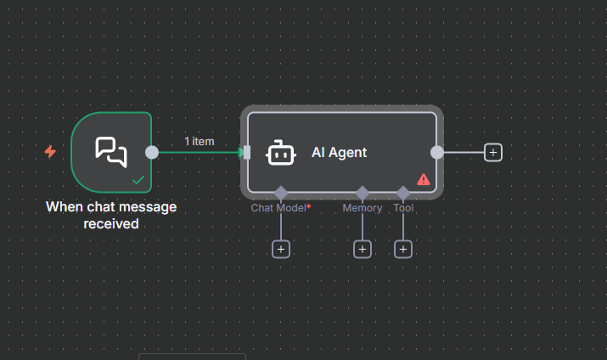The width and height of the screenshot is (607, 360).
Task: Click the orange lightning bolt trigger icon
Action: point(50,152)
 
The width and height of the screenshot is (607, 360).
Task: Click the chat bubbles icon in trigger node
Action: point(111,151)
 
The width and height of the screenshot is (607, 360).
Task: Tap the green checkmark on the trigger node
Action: point(138,180)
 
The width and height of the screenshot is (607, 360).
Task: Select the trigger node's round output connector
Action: point(152,152)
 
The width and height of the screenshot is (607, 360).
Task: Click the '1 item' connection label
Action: point(200,141)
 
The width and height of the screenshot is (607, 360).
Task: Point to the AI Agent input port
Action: point(246,152)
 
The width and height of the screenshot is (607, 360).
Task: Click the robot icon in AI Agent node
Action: point(281,153)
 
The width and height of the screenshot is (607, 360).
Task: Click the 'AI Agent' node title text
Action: point(340,153)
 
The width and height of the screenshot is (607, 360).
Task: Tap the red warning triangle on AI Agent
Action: point(424,179)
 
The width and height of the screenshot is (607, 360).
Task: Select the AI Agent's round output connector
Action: point(437,152)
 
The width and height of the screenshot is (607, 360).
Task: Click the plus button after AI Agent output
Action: point(493,152)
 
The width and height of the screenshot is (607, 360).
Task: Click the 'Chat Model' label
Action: point(280,208)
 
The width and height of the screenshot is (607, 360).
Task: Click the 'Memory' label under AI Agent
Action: point(363,208)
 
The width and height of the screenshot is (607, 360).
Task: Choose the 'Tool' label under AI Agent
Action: point(403,208)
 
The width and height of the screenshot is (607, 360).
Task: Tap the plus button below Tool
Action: point(403,249)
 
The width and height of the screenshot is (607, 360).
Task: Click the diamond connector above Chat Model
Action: point(281,193)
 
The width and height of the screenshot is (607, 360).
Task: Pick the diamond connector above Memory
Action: point(363,193)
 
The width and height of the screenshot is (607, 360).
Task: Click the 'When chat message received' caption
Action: point(111,216)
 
